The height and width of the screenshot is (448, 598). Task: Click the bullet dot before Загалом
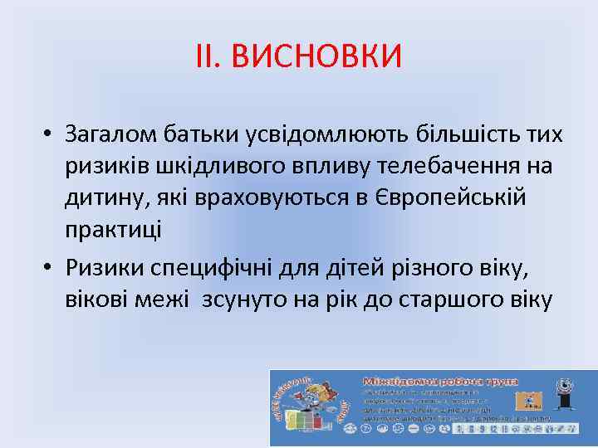(x=51, y=134)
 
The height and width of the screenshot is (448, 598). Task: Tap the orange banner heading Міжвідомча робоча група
(x=440, y=381)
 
